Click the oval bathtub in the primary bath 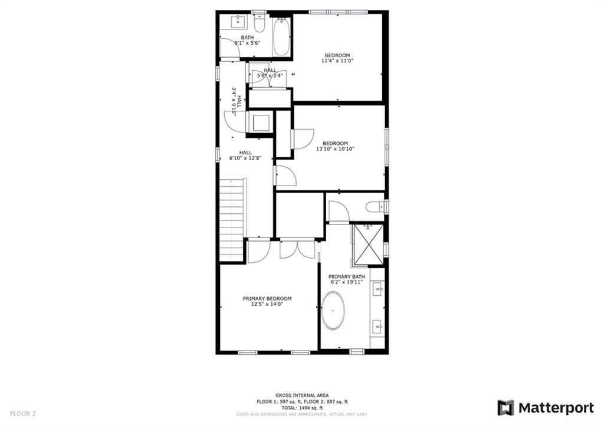point(334,311)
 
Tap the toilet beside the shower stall point(375,207)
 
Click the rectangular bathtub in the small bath point(282,37)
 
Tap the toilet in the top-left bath point(260,24)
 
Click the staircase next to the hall point(232,219)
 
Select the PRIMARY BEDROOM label point(267,299)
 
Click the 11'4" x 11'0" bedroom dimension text point(338,61)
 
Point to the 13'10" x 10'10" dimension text point(335,149)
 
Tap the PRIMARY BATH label point(347,277)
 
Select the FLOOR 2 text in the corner point(22,414)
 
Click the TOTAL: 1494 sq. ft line point(301,408)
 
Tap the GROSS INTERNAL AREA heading point(302,395)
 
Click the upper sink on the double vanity point(378,288)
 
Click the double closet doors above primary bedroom point(298,249)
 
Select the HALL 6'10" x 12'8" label point(245,155)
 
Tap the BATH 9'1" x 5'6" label point(247,40)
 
